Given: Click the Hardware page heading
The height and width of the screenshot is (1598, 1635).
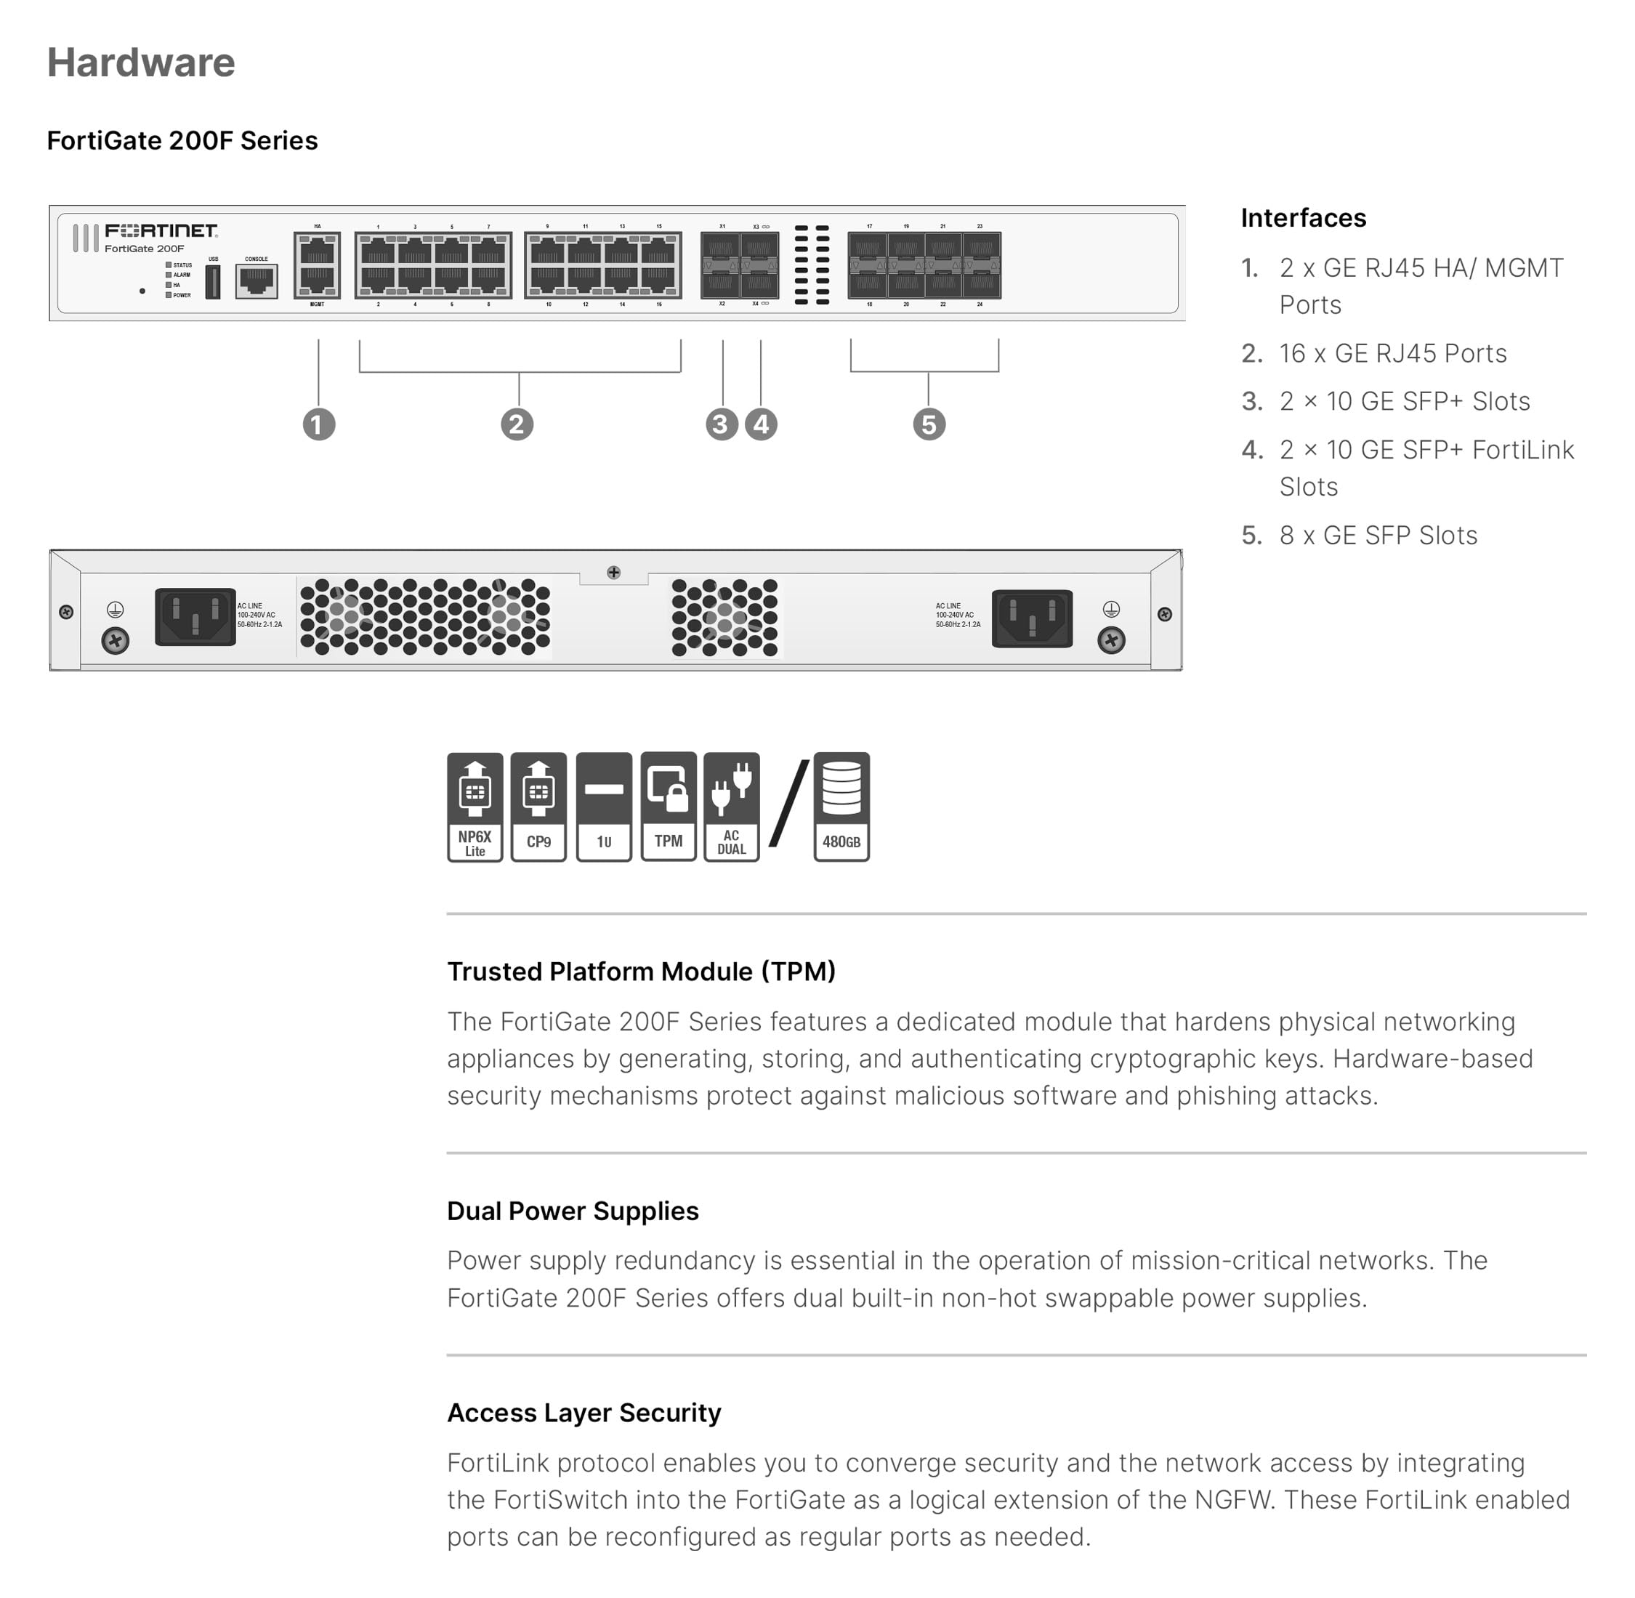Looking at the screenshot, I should click(141, 63).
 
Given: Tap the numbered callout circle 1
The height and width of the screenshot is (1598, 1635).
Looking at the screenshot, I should click(319, 424).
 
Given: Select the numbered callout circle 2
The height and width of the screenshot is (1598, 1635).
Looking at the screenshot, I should click(517, 424).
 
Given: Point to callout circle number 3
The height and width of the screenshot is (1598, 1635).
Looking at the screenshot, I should click(722, 424).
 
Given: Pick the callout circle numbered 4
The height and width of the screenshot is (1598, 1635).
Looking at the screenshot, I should click(762, 424).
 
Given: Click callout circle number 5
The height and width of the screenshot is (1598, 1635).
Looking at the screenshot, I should click(929, 424).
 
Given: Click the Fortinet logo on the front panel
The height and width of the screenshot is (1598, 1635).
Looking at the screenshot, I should click(161, 231).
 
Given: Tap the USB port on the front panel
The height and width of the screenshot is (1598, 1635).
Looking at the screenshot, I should click(213, 282).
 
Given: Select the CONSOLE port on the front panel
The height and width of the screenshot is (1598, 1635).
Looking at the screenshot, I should click(257, 281).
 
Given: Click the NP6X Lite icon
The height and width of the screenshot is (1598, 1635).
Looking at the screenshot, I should click(475, 807).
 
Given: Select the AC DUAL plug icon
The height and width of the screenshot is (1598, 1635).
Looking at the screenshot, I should click(732, 807).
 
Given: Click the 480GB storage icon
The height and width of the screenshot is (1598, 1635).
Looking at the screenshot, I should click(841, 807).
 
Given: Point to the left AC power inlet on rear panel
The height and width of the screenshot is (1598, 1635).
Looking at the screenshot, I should click(195, 617).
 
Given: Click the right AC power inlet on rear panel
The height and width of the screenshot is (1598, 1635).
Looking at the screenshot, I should click(1033, 618).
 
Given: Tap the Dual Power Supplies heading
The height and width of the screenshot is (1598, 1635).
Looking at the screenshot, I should click(573, 1211).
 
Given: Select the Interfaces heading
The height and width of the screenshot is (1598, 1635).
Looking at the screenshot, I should click(1304, 218).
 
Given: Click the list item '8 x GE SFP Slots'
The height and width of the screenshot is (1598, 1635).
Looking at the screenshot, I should click(1378, 536).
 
